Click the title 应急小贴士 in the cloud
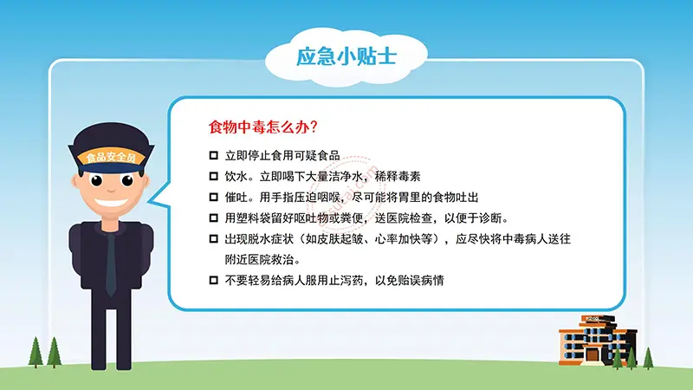pyautogui.click(x=346, y=58)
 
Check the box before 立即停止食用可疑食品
pyautogui.click(x=214, y=155)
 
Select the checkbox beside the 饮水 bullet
pyautogui.click(x=214, y=176)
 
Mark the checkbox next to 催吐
pyautogui.click(x=214, y=197)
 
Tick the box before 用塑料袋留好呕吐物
pyautogui.click(x=214, y=218)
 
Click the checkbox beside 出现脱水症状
pyautogui.click(x=214, y=238)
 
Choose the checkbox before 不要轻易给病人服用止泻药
pyautogui.click(x=214, y=280)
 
